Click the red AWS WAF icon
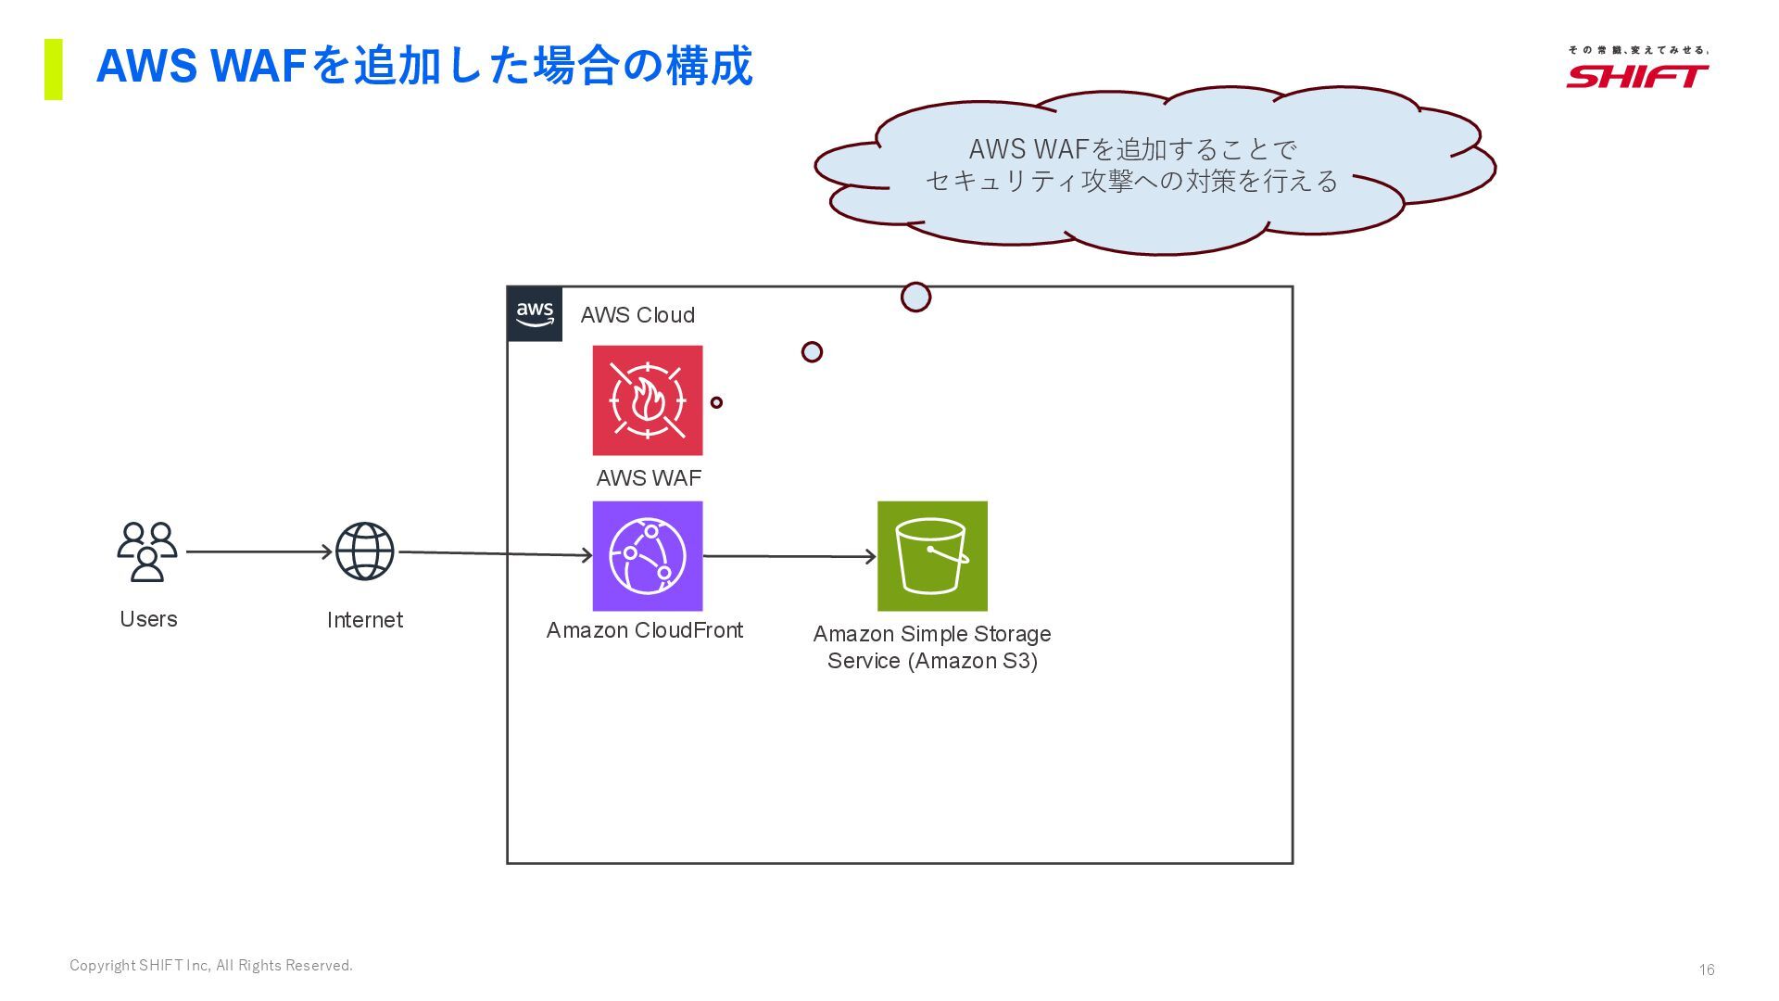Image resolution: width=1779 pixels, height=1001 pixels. point(648,400)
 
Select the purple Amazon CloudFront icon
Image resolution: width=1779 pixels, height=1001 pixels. point(648,556)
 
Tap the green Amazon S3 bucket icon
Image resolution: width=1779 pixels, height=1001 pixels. point(932,556)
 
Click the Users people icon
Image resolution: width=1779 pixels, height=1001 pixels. point(147,551)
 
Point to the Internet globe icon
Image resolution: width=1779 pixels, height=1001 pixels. point(364,551)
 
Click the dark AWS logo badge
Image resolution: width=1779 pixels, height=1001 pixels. point(535,314)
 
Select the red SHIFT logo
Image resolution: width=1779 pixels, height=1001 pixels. point(1637,75)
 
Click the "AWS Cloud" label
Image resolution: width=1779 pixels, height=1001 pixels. point(637,315)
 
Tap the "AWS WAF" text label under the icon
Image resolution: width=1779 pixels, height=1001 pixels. point(649,478)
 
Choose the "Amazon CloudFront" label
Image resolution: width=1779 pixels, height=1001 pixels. point(645,630)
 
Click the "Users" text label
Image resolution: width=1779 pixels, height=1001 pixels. point(148,619)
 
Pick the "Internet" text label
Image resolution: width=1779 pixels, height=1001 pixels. point(365,620)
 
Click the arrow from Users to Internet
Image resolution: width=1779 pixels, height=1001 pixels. point(259,551)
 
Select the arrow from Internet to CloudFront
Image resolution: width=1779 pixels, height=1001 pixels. point(496,554)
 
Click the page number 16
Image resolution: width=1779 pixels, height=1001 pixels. point(1707,969)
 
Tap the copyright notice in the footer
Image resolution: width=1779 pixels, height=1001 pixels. point(211,966)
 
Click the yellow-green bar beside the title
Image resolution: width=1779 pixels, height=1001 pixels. point(54,70)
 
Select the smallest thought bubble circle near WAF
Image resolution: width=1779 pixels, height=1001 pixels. point(716,402)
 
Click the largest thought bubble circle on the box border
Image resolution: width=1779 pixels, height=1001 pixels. point(915,298)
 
